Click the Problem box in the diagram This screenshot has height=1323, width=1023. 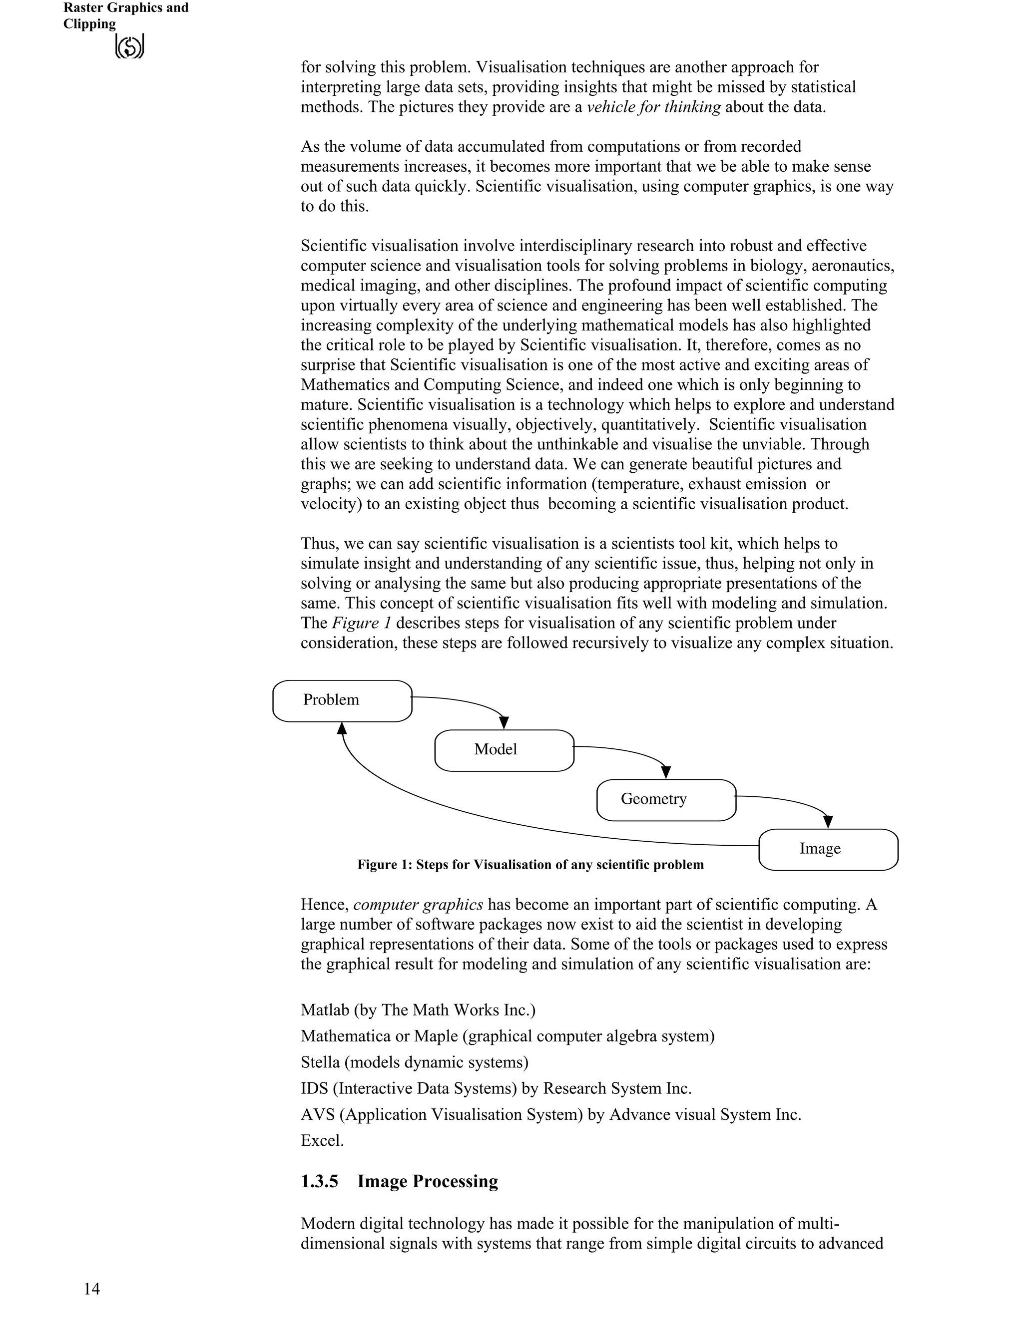click(x=342, y=701)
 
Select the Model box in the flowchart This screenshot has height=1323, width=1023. click(x=504, y=750)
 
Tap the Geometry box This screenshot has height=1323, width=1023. click(x=666, y=800)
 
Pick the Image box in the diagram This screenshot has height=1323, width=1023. click(x=828, y=849)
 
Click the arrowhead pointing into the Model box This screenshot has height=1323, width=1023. click(x=504, y=723)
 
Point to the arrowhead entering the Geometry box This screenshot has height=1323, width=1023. click(x=666, y=772)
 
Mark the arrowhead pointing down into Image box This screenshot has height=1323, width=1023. click(x=828, y=822)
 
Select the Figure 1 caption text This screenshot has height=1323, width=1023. click(x=530, y=864)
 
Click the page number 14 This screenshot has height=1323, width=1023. click(x=92, y=1289)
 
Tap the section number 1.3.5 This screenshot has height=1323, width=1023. click(x=319, y=1181)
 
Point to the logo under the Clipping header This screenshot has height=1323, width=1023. click(x=129, y=46)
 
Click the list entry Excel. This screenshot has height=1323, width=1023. click(x=322, y=1141)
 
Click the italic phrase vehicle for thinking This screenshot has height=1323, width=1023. click(x=654, y=107)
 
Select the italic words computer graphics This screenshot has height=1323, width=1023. click(x=418, y=905)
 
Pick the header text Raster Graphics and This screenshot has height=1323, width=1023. click(x=126, y=8)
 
